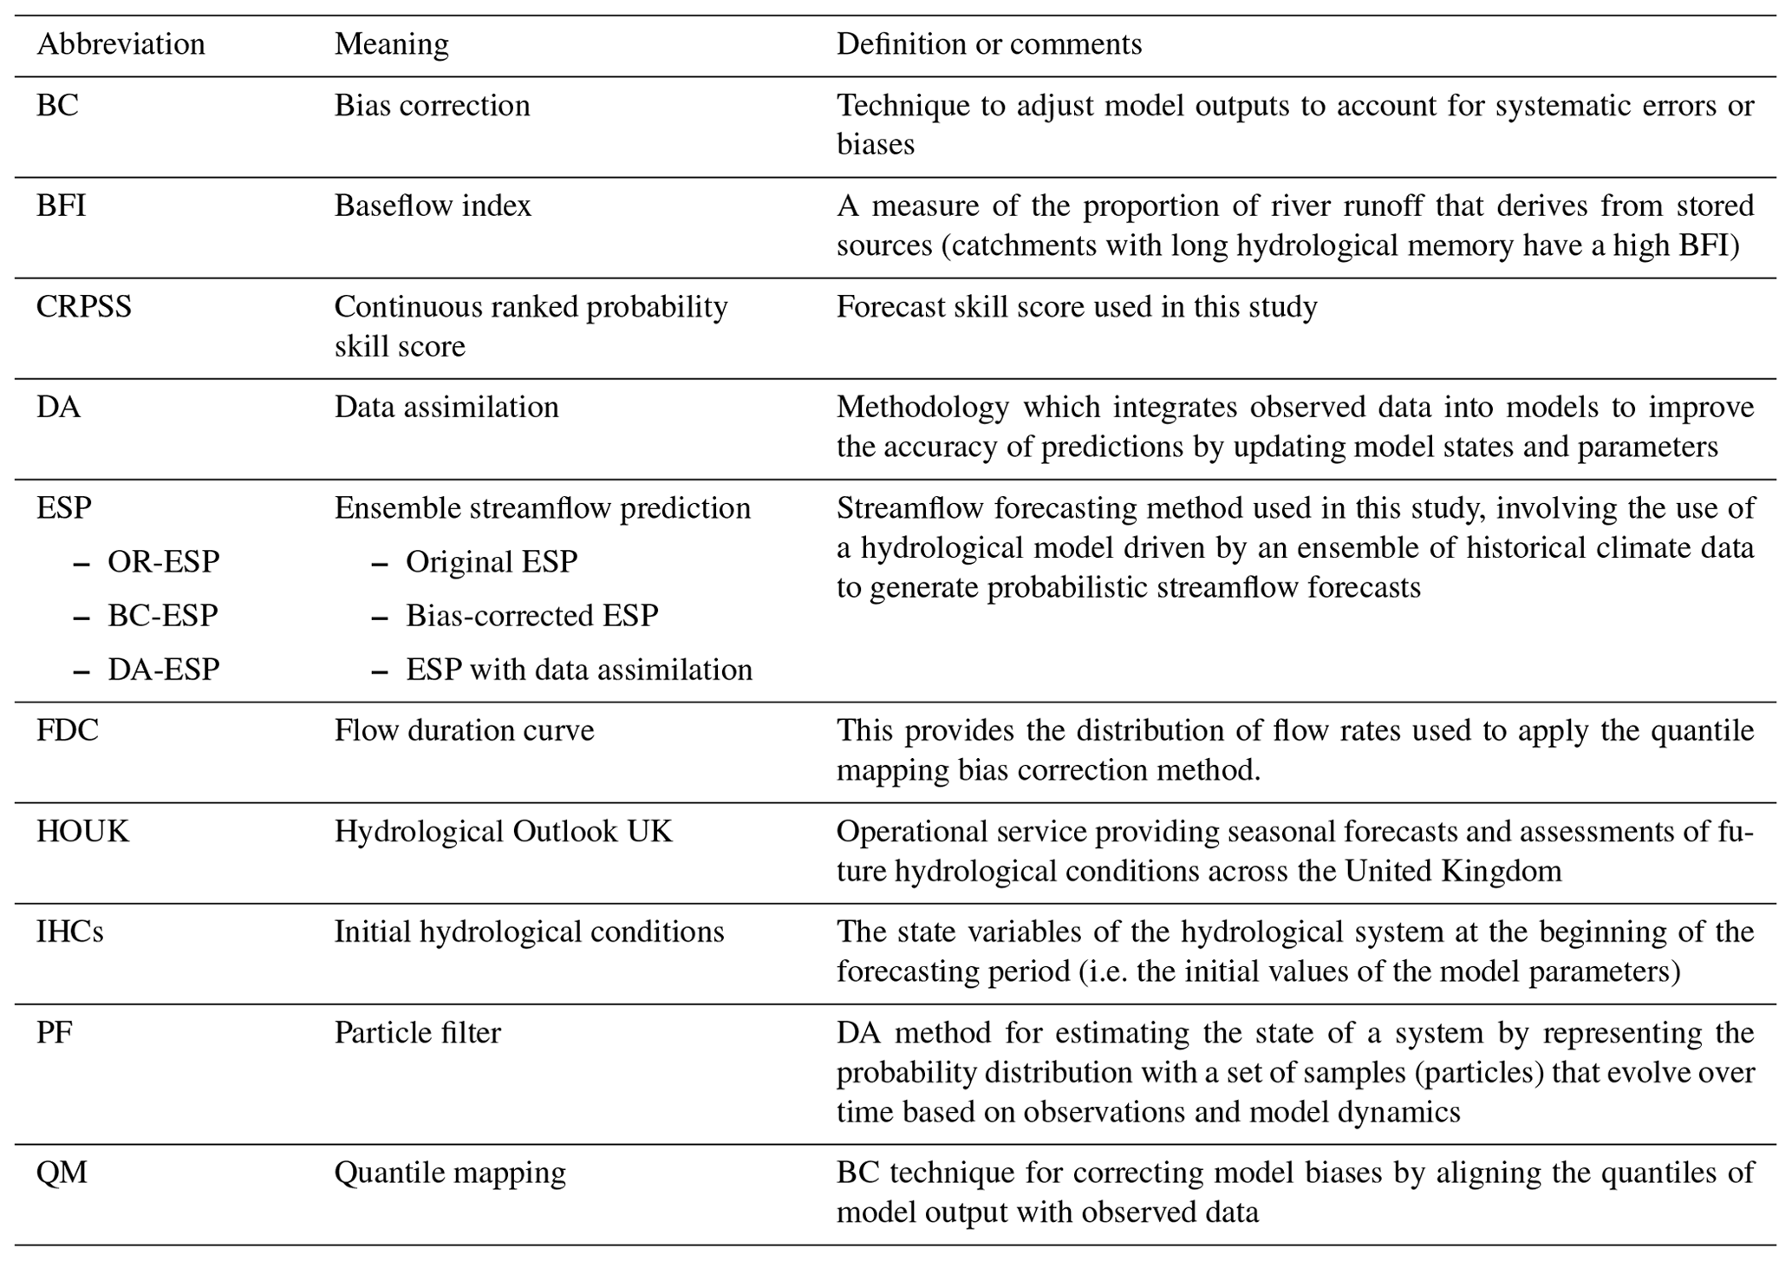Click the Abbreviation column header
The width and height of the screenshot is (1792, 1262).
coord(121,44)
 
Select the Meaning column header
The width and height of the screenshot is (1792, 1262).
coord(391,44)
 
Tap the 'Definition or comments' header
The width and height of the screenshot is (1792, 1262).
coord(988,44)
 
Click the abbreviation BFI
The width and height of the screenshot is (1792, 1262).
coord(61,206)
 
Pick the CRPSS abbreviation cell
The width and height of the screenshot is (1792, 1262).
coord(83,307)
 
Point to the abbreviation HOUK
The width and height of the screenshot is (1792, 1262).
coord(82,832)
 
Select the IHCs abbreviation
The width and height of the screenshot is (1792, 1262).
coord(69,932)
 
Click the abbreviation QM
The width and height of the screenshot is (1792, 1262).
coord(62,1174)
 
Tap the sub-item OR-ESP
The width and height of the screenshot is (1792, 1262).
coord(163,562)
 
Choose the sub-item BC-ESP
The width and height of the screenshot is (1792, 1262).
coord(162,616)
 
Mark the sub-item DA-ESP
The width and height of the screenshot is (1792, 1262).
coord(163,670)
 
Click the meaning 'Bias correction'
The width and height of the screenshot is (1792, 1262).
coord(432,106)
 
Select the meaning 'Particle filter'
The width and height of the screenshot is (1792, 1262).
coord(417,1033)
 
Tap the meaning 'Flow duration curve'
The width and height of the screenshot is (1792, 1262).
coord(464,730)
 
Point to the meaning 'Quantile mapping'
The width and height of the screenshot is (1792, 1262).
coord(450,1174)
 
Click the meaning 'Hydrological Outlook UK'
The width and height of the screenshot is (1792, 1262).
coord(503,832)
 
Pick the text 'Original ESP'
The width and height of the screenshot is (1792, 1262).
coord(491,562)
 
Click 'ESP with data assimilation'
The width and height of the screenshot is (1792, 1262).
coord(578,670)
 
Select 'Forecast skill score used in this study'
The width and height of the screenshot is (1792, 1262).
coord(1076,307)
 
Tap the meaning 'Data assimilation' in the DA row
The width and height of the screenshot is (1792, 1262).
coord(446,408)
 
